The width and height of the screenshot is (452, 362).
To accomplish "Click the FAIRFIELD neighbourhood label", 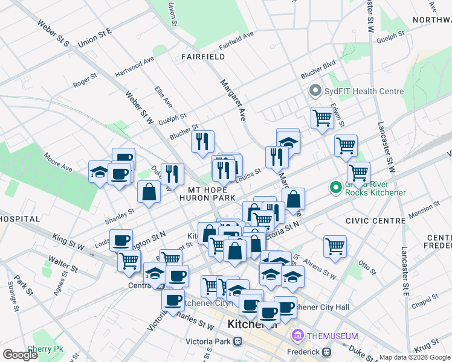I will coord(202,57).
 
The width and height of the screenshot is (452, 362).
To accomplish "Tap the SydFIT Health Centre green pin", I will coord(314,92).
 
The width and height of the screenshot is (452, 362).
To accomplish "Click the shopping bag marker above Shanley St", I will coord(149,192).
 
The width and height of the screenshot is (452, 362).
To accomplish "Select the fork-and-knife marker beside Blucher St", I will coord(202,141).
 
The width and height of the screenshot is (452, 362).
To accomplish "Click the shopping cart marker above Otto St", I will coord(335,245).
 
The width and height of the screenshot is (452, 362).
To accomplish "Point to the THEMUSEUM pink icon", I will coord(297,335).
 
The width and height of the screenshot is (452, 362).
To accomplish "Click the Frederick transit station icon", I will coord(327,351).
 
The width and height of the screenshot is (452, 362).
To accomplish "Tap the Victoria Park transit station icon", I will coord(238,341).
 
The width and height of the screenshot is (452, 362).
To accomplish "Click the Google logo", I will coord(21,355).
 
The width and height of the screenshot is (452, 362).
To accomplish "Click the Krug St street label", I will coord(427,343).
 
